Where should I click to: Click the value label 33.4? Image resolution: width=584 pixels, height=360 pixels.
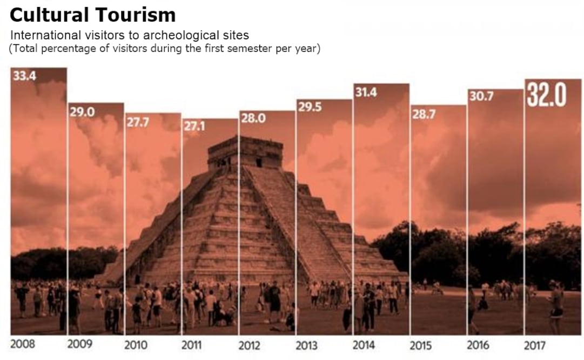click(24, 76)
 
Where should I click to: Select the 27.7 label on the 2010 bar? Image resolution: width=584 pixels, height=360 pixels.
click(137, 122)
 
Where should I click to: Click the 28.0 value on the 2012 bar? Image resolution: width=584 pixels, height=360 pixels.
click(253, 119)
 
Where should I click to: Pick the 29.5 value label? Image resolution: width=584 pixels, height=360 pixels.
click(309, 108)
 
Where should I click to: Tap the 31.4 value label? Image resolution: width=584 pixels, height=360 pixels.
click(366, 92)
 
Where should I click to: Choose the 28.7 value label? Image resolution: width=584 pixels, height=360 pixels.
click(423, 114)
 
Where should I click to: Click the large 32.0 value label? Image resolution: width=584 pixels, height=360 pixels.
click(547, 95)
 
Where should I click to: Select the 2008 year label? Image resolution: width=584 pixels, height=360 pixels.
click(22, 344)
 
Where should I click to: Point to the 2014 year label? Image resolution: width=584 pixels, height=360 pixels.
click(365, 345)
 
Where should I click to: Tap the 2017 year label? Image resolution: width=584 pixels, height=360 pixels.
click(535, 345)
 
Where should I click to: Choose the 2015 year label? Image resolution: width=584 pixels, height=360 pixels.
click(421, 345)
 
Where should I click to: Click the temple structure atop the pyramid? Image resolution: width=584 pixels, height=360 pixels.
click(245, 151)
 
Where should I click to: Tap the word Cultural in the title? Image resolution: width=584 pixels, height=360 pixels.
click(47, 15)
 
